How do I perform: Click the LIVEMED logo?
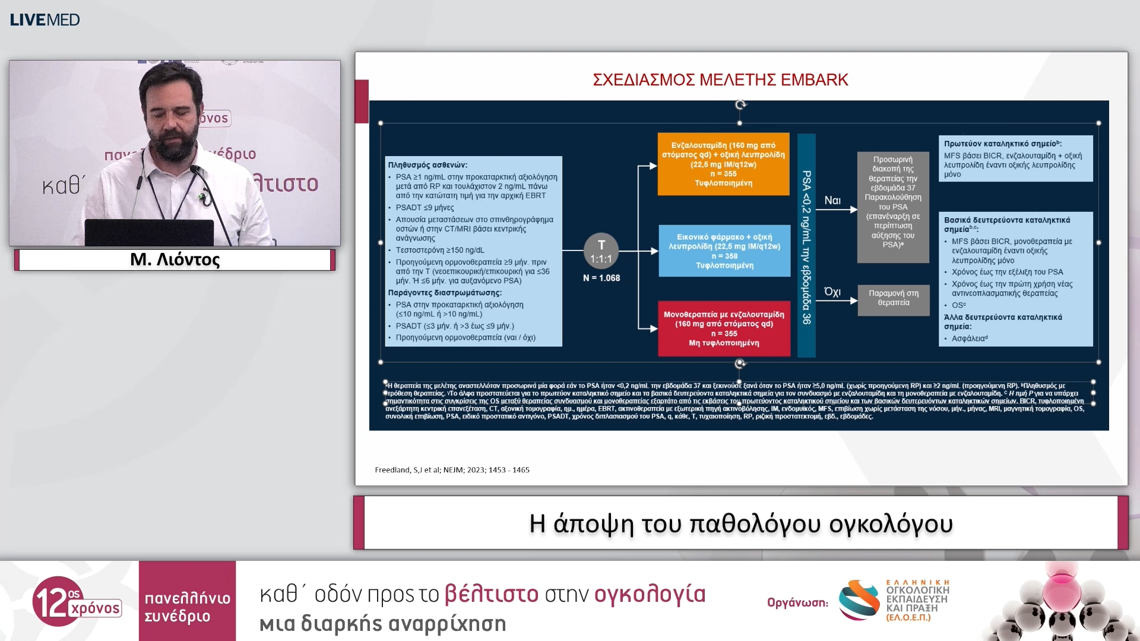(x=45, y=20)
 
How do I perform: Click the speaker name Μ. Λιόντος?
(x=175, y=260)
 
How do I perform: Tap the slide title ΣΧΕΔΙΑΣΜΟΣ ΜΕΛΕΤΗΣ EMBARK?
(x=720, y=80)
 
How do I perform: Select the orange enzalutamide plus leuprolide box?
(x=723, y=164)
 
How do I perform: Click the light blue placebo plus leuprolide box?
(x=724, y=251)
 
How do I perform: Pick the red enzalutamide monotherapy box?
(x=724, y=328)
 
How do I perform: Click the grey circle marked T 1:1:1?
(x=601, y=251)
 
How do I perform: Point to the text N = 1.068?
(x=601, y=278)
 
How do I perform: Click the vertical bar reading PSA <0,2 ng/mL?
(x=806, y=246)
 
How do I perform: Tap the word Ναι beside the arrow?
(x=832, y=201)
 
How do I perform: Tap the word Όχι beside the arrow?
(x=832, y=292)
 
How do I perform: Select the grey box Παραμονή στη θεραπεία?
(x=893, y=299)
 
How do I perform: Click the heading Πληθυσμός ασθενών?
(x=427, y=165)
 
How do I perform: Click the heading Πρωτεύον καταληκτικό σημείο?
(x=1002, y=144)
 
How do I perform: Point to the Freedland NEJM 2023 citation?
(x=452, y=470)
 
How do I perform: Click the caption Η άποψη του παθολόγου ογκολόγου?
(x=740, y=523)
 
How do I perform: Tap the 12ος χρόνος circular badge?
(x=58, y=601)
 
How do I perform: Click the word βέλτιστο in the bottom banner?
(x=491, y=594)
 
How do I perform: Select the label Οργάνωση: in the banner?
(x=797, y=603)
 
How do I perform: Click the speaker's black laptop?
(x=149, y=232)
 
